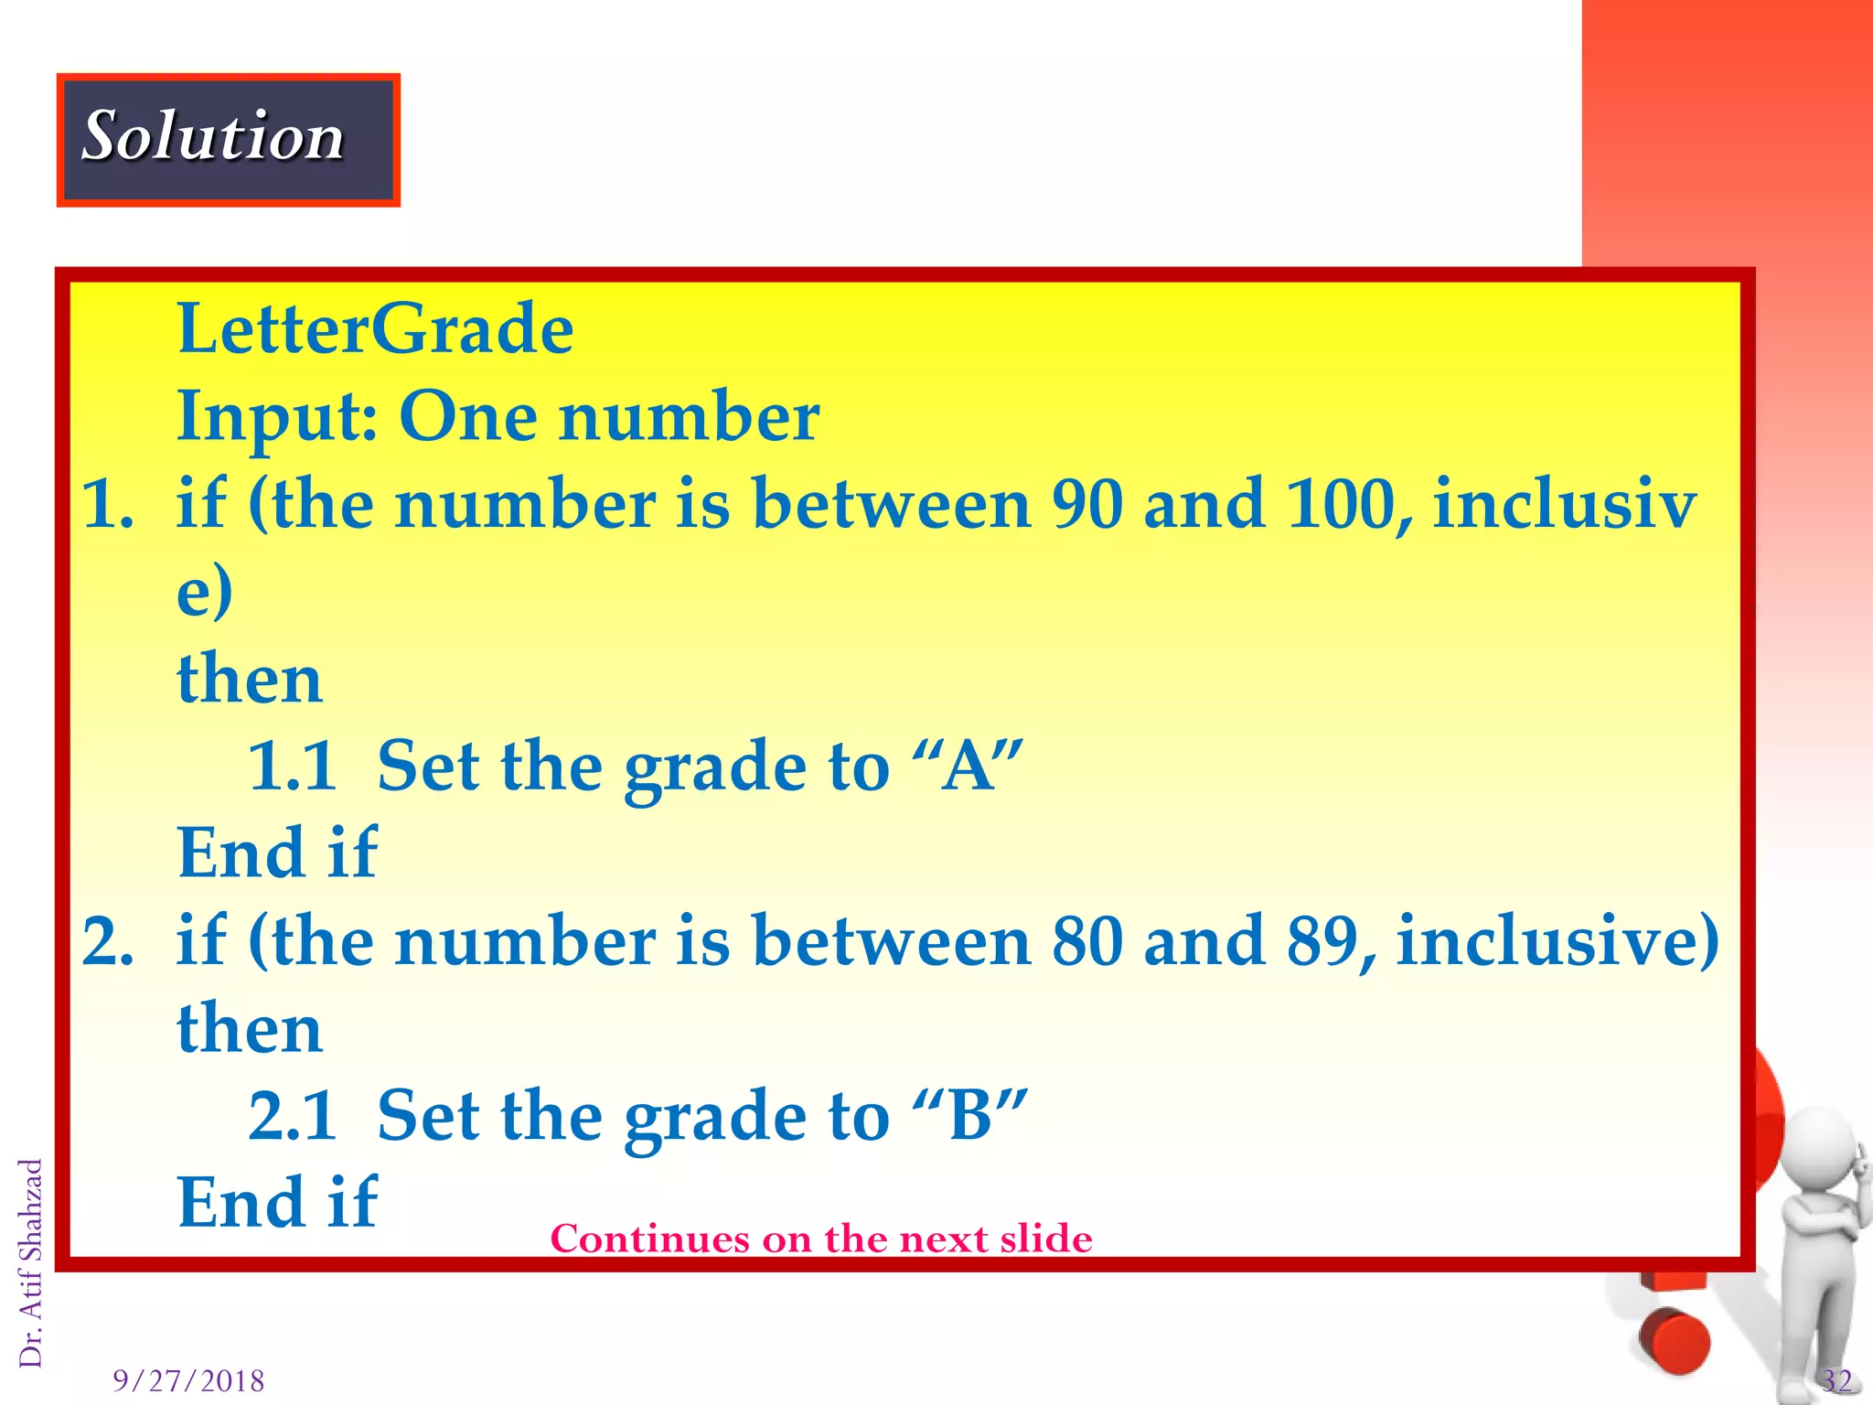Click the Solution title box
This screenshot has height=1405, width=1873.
(229, 140)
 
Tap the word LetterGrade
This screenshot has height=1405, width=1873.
(375, 329)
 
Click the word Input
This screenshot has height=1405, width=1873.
(274, 417)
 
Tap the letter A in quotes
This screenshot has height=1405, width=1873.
(969, 767)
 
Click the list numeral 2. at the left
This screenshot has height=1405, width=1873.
(108, 942)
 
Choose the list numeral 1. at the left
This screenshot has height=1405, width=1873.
(108, 506)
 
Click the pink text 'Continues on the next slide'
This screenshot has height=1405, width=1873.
(821, 1239)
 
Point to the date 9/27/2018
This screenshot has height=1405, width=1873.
(188, 1380)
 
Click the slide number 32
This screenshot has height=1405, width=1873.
(1836, 1380)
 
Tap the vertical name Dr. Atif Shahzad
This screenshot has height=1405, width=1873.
(30, 1262)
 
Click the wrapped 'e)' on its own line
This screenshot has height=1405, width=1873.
(205, 593)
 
